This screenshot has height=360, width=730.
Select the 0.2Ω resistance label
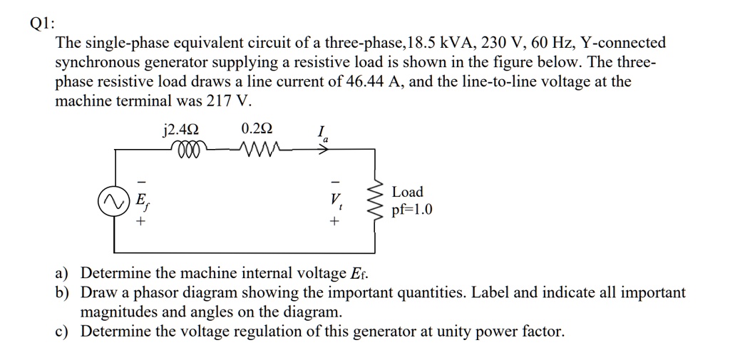257,130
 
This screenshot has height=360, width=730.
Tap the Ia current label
323,133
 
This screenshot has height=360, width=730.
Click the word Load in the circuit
407,192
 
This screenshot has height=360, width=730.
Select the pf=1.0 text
412,211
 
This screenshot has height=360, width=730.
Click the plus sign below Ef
141,222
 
